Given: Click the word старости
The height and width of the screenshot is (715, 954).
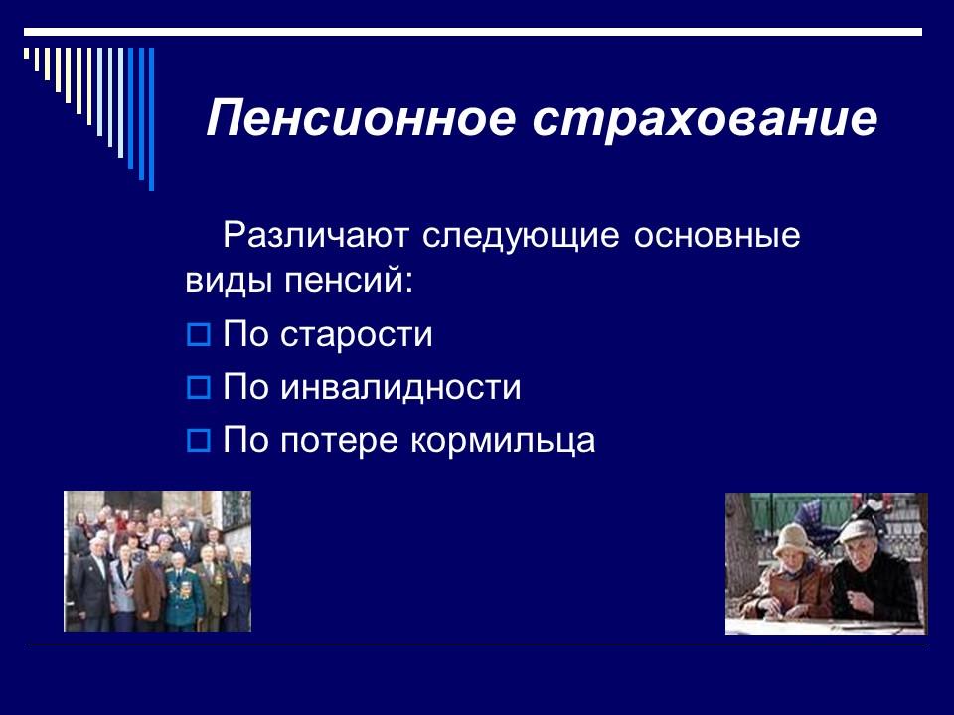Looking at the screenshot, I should click(358, 335).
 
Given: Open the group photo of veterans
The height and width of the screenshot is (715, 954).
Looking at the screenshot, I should click(157, 561).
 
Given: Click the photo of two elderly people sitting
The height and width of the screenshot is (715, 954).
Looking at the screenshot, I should click(826, 563).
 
